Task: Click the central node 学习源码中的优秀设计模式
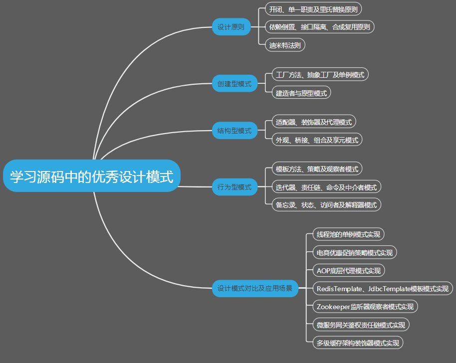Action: click(x=91, y=176)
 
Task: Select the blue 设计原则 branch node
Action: click(x=231, y=27)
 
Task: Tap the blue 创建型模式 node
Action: click(x=234, y=84)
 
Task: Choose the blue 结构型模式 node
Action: click(x=234, y=131)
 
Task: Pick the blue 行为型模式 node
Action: click(x=234, y=187)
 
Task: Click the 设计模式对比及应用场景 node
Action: click(x=255, y=288)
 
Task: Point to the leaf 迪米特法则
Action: click(x=284, y=44)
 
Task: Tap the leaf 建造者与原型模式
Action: click(x=301, y=92)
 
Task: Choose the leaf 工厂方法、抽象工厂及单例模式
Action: click(x=320, y=75)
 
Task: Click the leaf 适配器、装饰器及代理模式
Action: click(x=314, y=122)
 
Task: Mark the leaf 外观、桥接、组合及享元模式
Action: click(x=317, y=140)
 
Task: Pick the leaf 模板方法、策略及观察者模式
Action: click(x=317, y=169)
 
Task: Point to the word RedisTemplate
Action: click(x=339, y=288)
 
